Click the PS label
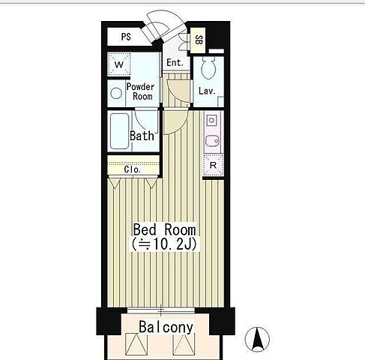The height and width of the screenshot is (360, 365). coord(126,37)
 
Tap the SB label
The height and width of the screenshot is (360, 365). coord(199,40)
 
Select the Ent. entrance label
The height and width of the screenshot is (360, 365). coord(175,62)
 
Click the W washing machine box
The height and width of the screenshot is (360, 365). coord(119,64)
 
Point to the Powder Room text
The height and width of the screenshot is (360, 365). coord(140,91)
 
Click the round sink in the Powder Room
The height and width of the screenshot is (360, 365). coord(116,93)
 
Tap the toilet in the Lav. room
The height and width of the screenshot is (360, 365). coord(208,67)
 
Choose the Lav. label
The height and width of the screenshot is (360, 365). coord(207,91)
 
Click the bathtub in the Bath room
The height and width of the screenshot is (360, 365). coord(120,131)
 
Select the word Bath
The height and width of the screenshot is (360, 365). coord(142,136)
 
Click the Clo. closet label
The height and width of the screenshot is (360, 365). coord(133,169)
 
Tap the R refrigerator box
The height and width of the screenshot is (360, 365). coord(213,165)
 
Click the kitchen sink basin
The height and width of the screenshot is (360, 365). coord(212,142)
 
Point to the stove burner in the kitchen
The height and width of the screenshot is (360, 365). coord(211,121)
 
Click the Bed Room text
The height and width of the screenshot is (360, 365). coord(164,229)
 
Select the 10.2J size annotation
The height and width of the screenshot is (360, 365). coord(165,244)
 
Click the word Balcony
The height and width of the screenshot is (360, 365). coord(166,327)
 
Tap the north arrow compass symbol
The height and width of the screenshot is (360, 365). coord(257,339)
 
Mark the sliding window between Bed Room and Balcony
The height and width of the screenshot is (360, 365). coord(161,310)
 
